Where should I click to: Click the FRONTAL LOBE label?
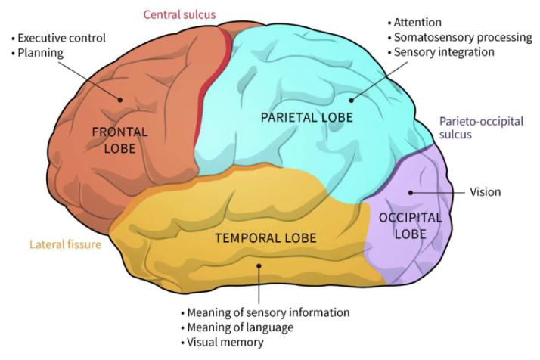tap(119, 140)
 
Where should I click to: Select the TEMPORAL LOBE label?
tap(265, 238)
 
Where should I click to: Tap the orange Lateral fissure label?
tap(65, 244)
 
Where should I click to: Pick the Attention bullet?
tap(418, 23)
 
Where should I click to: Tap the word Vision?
tap(485, 192)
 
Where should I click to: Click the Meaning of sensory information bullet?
tap(265, 312)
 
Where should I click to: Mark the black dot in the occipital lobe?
tap(411, 192)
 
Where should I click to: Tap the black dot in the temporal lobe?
tap(259, 265)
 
